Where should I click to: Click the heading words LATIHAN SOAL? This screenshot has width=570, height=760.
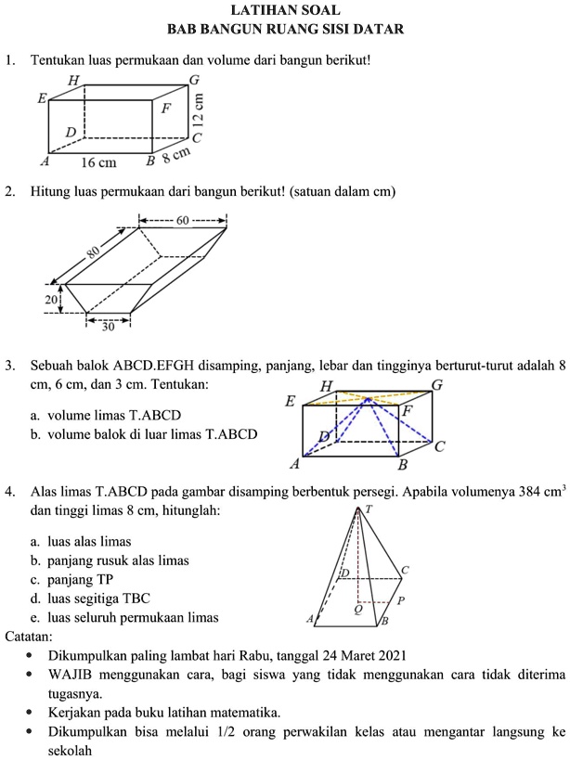284,11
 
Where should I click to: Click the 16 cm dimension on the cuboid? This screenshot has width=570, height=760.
98,162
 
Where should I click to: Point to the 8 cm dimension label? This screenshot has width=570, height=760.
176,155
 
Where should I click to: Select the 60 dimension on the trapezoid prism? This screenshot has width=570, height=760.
182,220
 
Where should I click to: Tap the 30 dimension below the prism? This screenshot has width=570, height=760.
108,327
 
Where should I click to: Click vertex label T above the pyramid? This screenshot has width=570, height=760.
369,509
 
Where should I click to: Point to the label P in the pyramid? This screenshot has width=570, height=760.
400,600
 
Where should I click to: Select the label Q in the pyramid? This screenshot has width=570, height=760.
356,610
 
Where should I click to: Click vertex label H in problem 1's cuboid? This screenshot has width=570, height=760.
73,81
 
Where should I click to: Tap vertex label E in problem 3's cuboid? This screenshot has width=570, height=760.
291,402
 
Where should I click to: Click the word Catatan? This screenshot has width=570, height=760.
28,637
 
